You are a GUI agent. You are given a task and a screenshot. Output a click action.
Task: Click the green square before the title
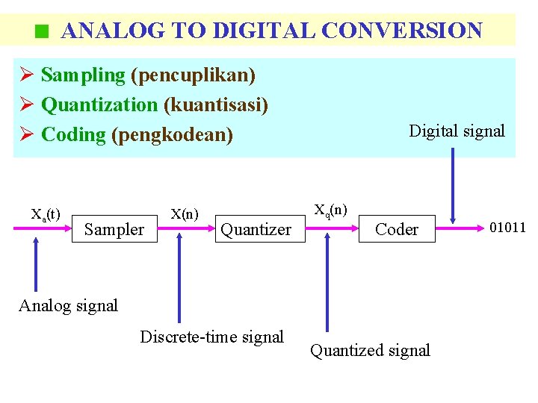pyautogui.click(x=42, y=32)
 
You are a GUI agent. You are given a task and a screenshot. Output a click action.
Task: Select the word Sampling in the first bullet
pyautogui.click(x=83, y=75)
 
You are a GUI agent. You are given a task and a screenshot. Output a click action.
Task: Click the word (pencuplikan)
pyautogui.click(x=193, y=75)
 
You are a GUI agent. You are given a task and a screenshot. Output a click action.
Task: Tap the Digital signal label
pyautogui.click(x=457, y=131)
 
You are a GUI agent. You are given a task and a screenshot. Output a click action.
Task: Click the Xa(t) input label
pyautogui.click(x=46, y=214)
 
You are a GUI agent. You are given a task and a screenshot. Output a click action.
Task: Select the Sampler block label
pyautogui.click(x=114, y=230)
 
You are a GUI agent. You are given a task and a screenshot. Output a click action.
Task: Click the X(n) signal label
pyautogui.click(x=185, y=214)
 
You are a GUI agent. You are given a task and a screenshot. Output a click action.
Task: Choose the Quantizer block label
pyautogui.click(x=256, y=230)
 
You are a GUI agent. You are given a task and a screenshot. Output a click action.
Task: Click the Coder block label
pyautogui.click(x=396, y=230)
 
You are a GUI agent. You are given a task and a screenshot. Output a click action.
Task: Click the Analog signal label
pyautogui.click(x=68, y=306)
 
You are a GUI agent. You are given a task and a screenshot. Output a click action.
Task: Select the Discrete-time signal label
pyautogui.click(x=211, y=337)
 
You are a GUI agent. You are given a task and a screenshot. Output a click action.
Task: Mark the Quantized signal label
pyautogui.click(x=370, y=351)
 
